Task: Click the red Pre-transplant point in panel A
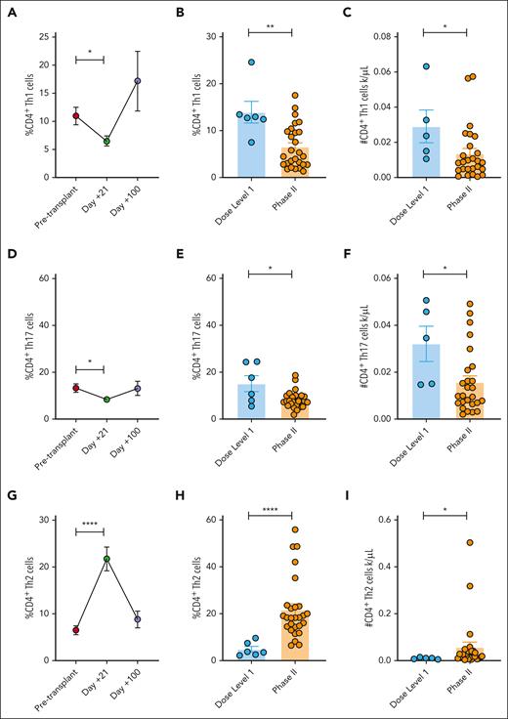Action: [76, 115]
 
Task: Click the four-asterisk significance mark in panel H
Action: [270, 513]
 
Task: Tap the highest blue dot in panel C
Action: [425, 66]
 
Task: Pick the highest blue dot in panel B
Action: [250, 63]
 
